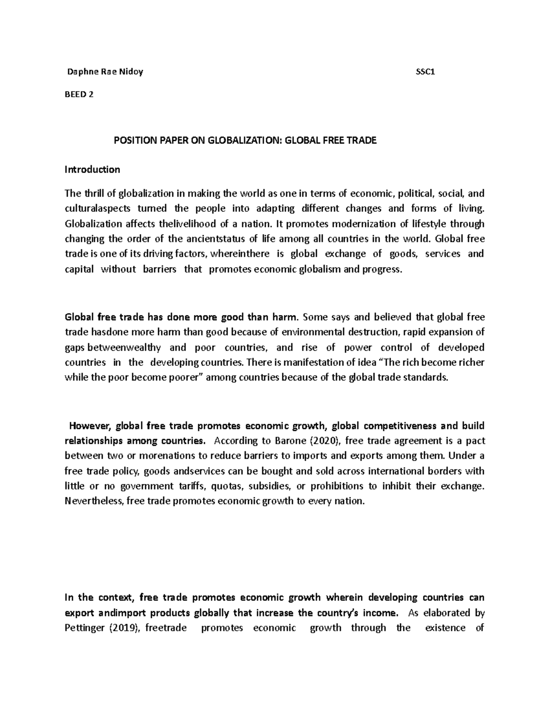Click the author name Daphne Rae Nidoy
point(105,72)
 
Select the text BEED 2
point(80,94)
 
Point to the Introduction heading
point(92,170)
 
